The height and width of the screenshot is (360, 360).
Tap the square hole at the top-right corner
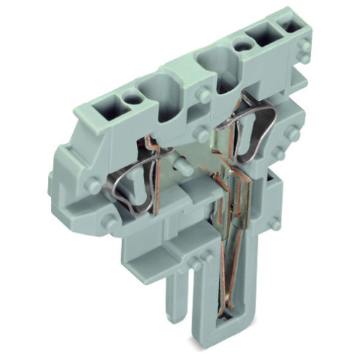tap(293, 26)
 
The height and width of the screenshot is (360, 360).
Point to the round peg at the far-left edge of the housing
tap(92, 185)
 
